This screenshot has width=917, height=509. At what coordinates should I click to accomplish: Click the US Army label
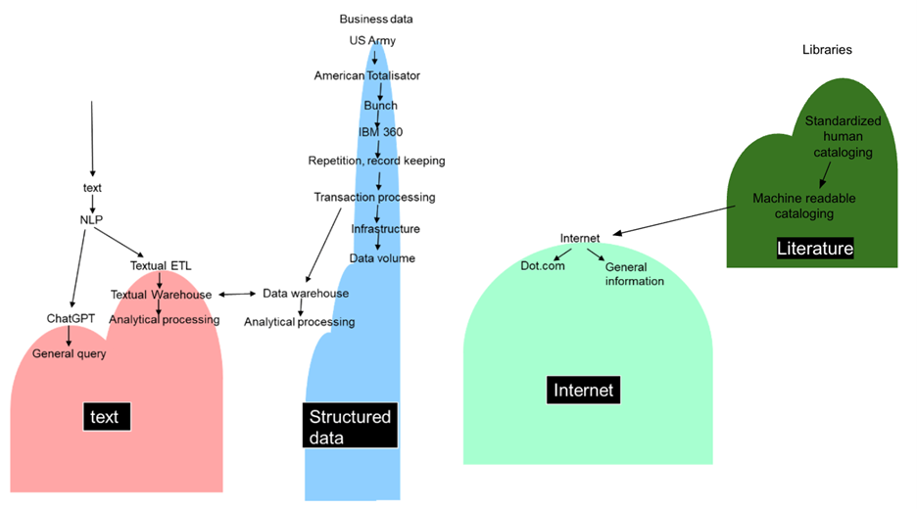[372, 40]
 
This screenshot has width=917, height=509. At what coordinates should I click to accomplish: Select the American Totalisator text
[367, 75]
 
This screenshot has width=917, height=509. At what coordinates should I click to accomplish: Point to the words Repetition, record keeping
[376, 161]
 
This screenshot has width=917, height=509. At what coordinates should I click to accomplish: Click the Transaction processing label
[374, 197]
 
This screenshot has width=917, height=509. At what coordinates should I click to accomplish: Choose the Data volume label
[382, 258]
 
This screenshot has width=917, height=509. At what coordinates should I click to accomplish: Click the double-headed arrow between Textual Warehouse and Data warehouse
[237, 294]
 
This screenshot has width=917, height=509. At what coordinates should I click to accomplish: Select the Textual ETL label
[162, 265]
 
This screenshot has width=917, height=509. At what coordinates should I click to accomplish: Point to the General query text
[70, 353]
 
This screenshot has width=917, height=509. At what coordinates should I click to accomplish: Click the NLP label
[91, 219]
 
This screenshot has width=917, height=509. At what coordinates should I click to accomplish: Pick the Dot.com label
[543, 265]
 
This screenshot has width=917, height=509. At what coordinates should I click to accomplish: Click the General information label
[634, 274]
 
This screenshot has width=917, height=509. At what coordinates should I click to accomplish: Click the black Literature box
[814, 249]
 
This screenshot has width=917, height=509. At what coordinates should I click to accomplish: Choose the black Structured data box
[350, 427]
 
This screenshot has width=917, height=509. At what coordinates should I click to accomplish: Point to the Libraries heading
[827, 49]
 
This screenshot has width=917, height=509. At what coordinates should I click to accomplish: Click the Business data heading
[376, 19]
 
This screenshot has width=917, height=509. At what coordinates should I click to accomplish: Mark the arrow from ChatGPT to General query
[68, 336]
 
